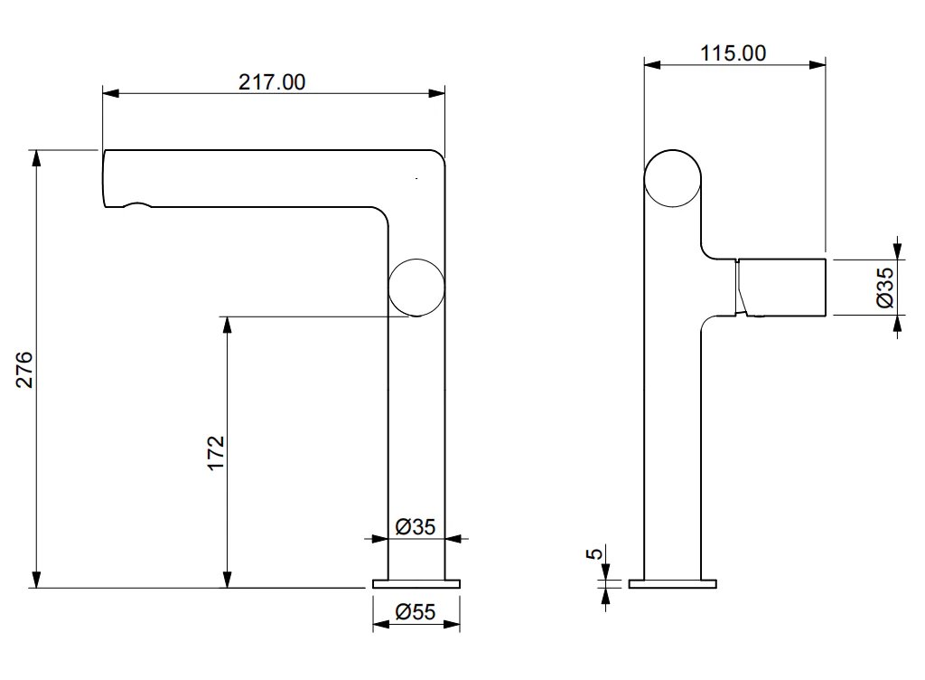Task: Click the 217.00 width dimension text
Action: (x=272, y=82)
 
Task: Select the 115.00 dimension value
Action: (x=733, y=53)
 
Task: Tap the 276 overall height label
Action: (x=24, y=370)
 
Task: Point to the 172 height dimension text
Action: (x=216, y=453)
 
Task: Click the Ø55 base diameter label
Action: (x=416, y=611)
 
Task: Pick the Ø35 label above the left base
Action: (x=416, y=526)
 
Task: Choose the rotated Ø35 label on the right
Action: (x=885, y=288)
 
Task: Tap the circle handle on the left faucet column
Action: (x=416, y=288)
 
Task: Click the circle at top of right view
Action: (x=672, y=179)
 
